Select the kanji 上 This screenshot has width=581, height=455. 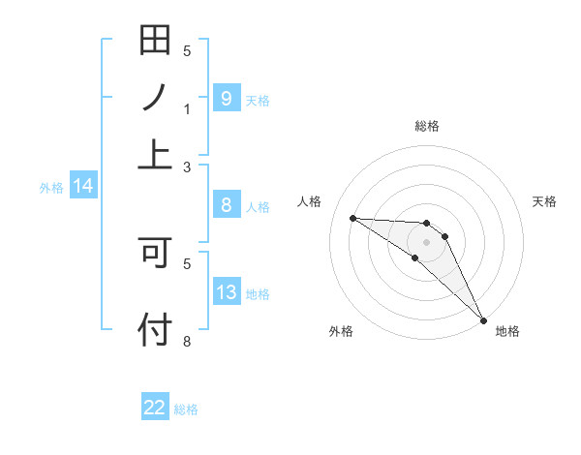coord(155,153)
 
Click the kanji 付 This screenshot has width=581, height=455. coord(155,329)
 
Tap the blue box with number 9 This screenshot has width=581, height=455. coord(226,99)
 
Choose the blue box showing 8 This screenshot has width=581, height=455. coord(226,205)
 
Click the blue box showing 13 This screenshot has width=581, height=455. coord(226,292)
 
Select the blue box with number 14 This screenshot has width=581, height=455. coord(83,187)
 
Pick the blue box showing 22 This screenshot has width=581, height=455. coord(155,408)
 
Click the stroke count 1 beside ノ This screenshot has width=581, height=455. coord(187,109)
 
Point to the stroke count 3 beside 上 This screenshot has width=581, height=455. coord(187,167)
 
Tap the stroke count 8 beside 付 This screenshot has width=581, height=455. coord(187,342)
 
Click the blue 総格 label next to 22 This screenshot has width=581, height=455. coord(186,409)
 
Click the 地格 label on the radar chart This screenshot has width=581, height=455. coord(507,331)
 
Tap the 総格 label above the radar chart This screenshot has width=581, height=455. coord(427,126)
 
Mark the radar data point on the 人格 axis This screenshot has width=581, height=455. coord(352,218)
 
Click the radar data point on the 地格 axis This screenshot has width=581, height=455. coord(483,318)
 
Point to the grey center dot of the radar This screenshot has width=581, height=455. coord(427,241)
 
